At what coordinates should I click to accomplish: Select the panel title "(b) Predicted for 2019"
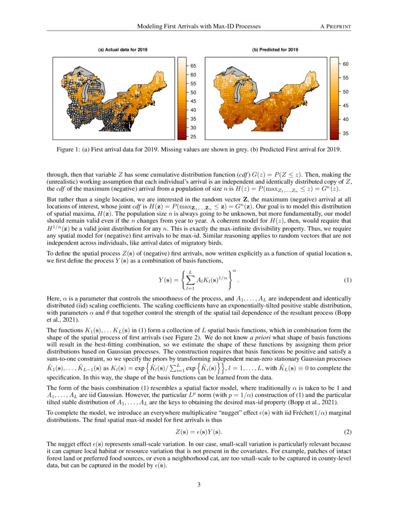275,50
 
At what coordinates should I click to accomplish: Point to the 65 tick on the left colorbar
193,66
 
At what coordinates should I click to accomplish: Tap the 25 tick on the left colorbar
193,136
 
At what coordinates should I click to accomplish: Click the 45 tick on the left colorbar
193,101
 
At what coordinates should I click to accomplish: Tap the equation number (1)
347,280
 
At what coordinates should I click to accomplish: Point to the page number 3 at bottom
199,484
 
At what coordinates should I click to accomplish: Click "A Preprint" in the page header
335,27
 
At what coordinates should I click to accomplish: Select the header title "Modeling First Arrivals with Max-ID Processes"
199,27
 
